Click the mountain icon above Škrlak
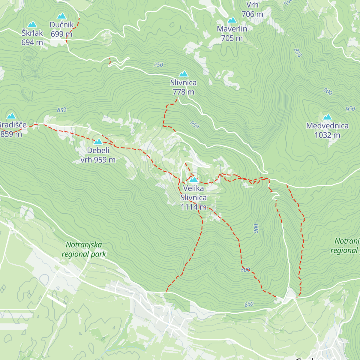coord(32,24)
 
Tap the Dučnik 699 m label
coord(61,29)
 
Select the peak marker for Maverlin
coord(232,20)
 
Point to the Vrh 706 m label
coord(252,10)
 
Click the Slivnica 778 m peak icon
coord(183,74)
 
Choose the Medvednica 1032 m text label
coord(327,130)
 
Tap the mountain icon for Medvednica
coord(327,117)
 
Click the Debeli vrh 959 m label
coord(98,155)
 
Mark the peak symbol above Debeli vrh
coord(98,142)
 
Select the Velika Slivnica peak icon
coord(193,180)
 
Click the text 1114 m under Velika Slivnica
coord(193,207)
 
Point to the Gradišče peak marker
coord(11,116)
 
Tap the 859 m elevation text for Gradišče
coord(11,134)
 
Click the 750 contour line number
coord(158,65)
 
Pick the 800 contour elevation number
coord(245,270)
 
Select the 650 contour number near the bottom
coord(249,304)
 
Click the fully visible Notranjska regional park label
coord(84,250)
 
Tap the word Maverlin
coord(232,29)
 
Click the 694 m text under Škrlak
coord(32,43)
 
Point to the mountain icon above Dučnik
coord(62,16)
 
